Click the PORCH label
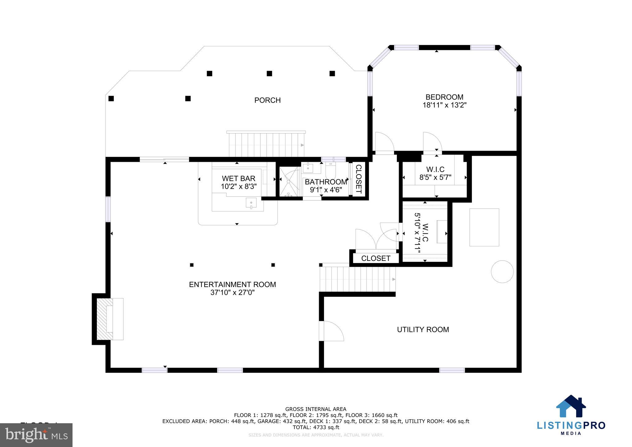[267, 100]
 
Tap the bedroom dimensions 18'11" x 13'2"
[444, 105]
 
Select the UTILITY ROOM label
[423, 330]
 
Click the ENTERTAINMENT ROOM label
[232, 285]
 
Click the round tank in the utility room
[502, 272]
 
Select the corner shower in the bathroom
[289, 182]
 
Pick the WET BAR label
[239, 179]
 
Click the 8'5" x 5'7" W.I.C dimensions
[435, 178]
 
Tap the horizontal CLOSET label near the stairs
[376, 258]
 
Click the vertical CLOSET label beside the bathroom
[359, 179]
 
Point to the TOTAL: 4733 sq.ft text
[316, 427]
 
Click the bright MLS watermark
[36, 435]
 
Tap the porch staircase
[266, 145]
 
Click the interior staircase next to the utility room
[357, 279]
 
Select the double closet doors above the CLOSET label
[376, 239]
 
